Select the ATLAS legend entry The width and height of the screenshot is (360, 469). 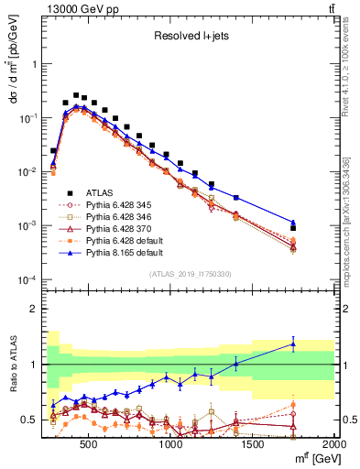point(101,191)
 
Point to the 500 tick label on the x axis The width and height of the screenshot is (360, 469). point(89,442)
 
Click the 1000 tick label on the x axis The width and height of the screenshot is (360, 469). point(171,442)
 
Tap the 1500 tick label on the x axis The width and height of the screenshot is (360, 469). point(253,442)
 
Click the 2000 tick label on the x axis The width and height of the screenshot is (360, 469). point(333,442)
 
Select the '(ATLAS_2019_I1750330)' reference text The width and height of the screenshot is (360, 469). point(189,273)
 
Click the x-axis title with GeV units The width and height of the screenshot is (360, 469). point(315,458)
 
